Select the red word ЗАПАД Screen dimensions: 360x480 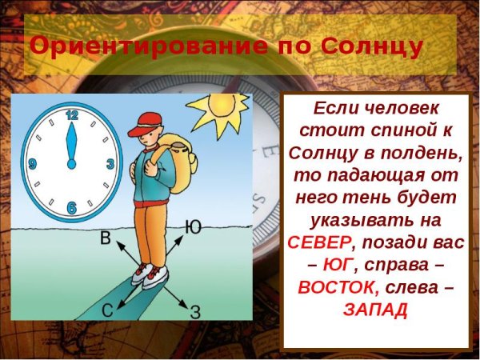pyautogui.click(x=374, y=309)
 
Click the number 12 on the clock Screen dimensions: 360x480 pyautogui.click(x=72, y=115)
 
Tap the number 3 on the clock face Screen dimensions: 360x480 pyautogui.click(x=110, y=163)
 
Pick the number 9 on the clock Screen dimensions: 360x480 pyautogui.click(x=32, y=163)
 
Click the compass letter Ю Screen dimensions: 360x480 pyautogui.click(x=192, y=227)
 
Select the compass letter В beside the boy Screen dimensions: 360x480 pyautogui.click(x=105, y=238)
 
